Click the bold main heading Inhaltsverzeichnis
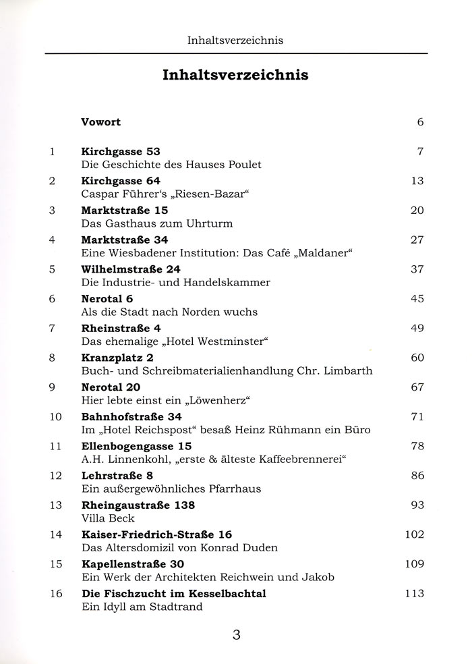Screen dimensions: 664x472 235,75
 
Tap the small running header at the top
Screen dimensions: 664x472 235,40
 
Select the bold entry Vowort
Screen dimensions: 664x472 101,122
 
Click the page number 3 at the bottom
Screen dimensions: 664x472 236,634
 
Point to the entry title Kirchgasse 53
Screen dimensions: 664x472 121,152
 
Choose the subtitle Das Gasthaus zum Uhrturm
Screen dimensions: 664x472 152,223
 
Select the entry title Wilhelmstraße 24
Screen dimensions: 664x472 131,269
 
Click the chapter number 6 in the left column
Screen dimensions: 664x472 52,299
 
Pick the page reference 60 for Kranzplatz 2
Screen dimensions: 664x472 417,358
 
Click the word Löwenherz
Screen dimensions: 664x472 214,400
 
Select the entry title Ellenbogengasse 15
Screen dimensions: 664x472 136,446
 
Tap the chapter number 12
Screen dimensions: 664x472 55,476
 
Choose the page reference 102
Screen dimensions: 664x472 414,534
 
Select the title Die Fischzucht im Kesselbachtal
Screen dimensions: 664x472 173,593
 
